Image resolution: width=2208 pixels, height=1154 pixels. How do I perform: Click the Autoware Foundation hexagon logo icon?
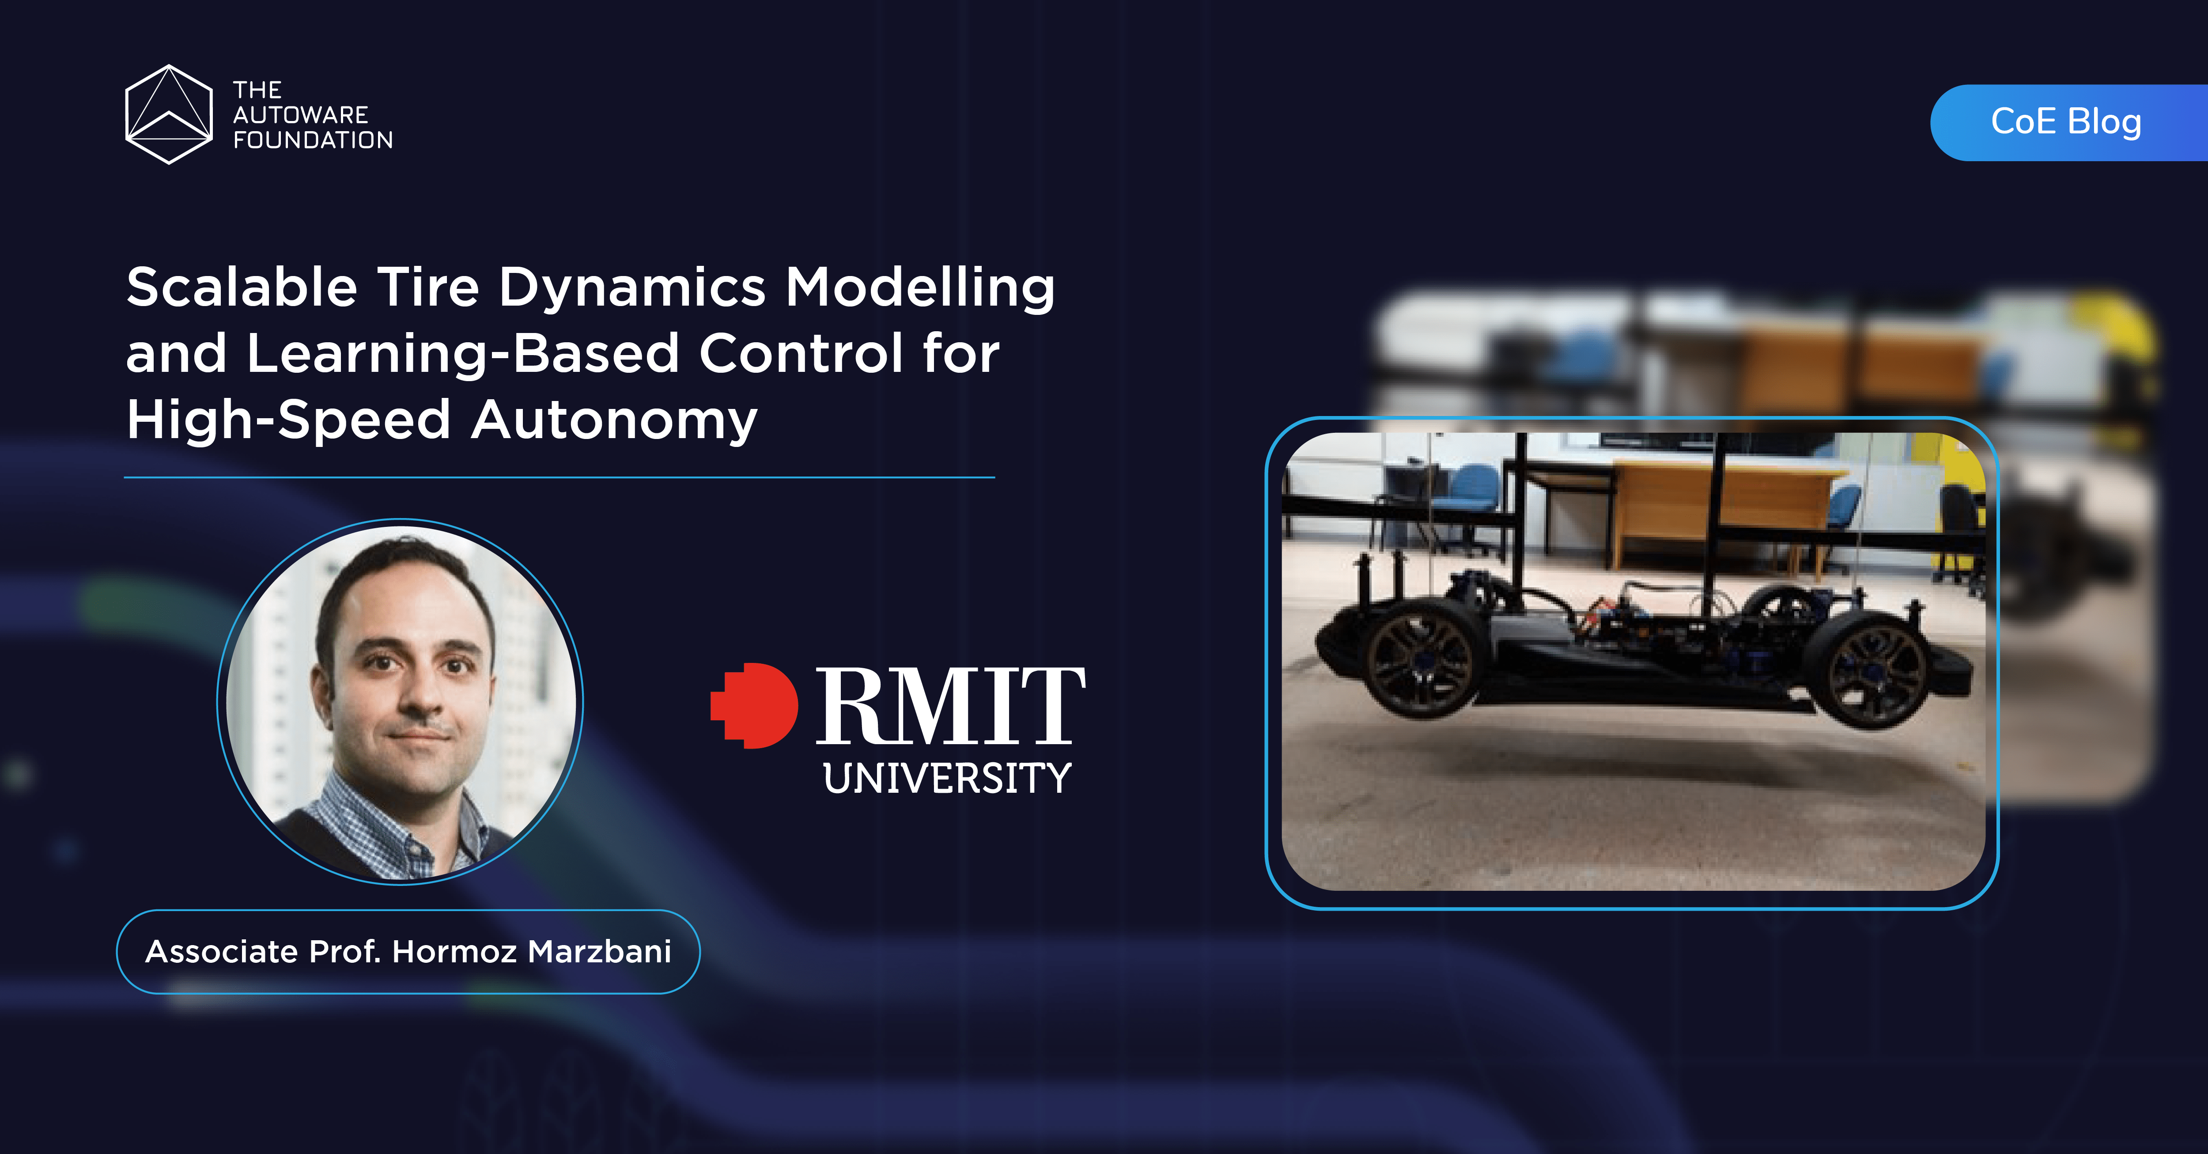click(x=169, y=114)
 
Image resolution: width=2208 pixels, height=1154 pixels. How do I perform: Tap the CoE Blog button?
click(x=2066, y=122)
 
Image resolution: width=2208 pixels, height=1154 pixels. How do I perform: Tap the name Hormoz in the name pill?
click(x=454, y=952)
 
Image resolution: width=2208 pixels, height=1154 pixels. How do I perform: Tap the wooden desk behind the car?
click(x=1723, y=506)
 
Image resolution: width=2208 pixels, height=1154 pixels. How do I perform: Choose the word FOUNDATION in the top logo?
click(x=313, y=140)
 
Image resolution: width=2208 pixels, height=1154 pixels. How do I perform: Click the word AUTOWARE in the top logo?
click(x=300, y=115)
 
